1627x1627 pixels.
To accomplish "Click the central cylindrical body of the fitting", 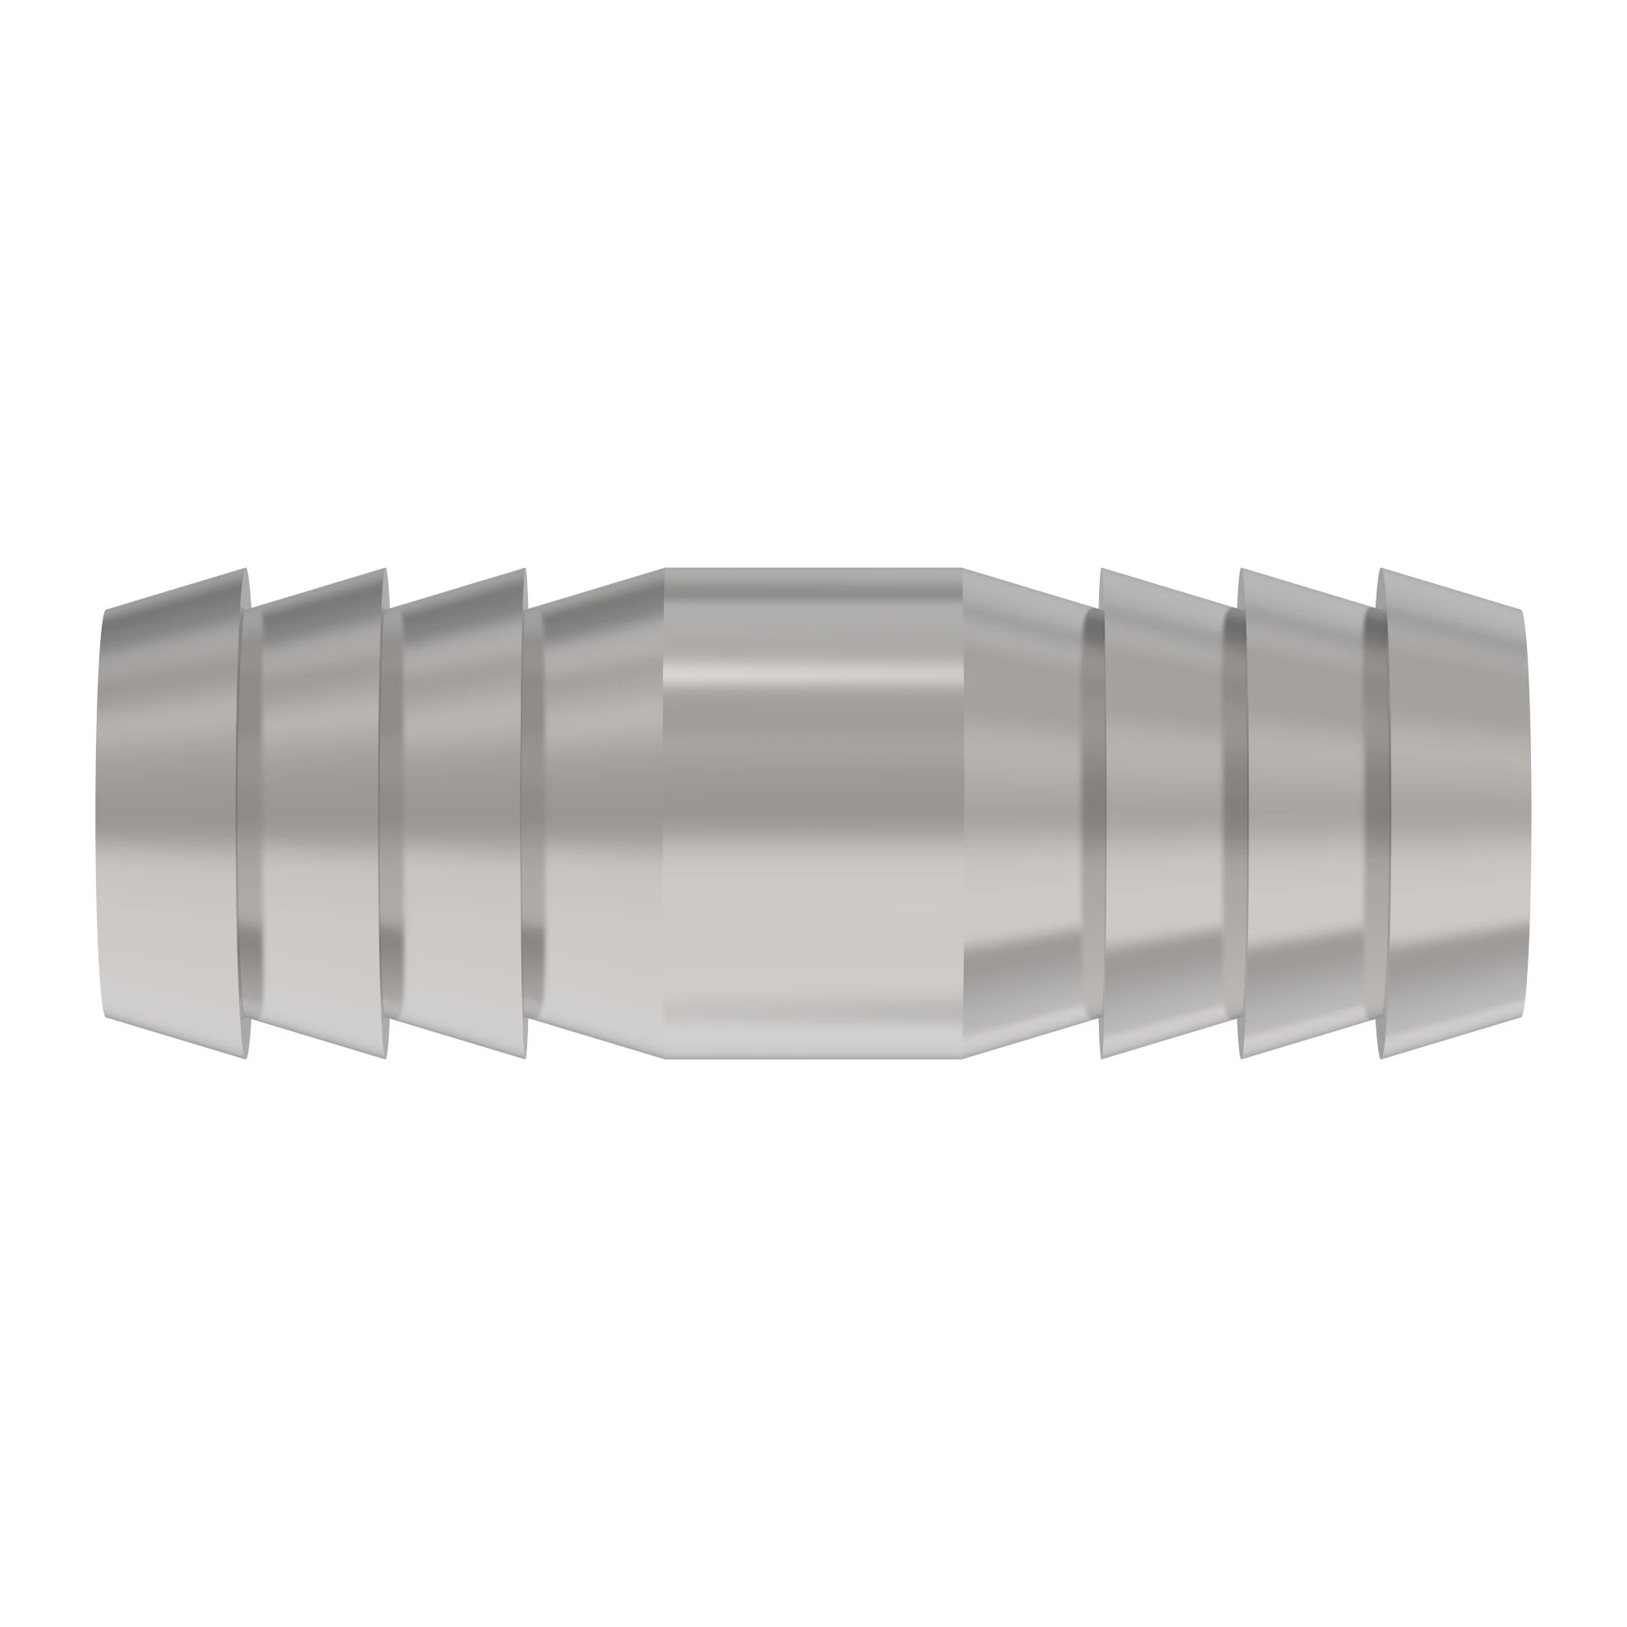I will (813, 813).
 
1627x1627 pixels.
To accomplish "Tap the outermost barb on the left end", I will (172, 813).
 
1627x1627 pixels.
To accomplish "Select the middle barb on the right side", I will (1303, 813).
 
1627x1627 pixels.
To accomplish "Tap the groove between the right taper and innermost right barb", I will (1093, 813).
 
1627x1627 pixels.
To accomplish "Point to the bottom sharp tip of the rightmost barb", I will (1381, 1058).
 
